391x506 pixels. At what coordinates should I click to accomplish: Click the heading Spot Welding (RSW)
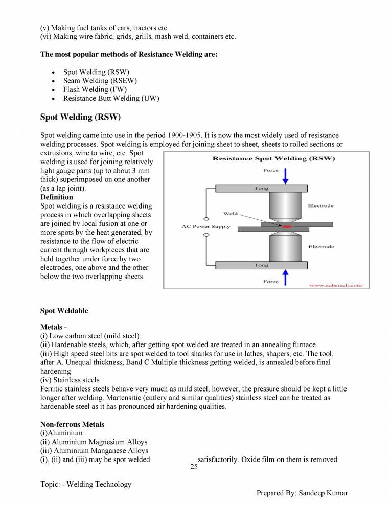80,117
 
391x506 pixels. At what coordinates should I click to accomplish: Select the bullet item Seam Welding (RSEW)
100,81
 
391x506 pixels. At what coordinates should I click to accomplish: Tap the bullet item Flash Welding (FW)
95,89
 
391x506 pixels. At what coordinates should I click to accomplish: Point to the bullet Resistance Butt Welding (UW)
111,98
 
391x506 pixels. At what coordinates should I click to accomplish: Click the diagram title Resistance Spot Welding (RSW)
273,158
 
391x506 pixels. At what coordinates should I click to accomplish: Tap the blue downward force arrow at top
286,175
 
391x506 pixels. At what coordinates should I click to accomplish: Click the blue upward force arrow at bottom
286,278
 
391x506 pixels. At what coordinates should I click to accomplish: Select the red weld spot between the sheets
287,226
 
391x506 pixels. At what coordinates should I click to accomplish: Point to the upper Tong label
261,189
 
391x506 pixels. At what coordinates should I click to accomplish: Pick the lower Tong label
261,265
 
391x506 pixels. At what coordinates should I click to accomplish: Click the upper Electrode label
320,206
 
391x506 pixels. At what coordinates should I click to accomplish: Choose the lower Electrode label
320,247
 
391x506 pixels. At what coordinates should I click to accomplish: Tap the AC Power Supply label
206,226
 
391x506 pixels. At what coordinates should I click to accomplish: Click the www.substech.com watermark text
335,285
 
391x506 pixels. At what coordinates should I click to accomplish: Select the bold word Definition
56,197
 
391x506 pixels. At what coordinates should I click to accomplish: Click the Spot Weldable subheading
64,311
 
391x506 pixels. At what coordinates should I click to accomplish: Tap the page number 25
194,467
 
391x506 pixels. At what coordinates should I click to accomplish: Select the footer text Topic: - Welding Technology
85,484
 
